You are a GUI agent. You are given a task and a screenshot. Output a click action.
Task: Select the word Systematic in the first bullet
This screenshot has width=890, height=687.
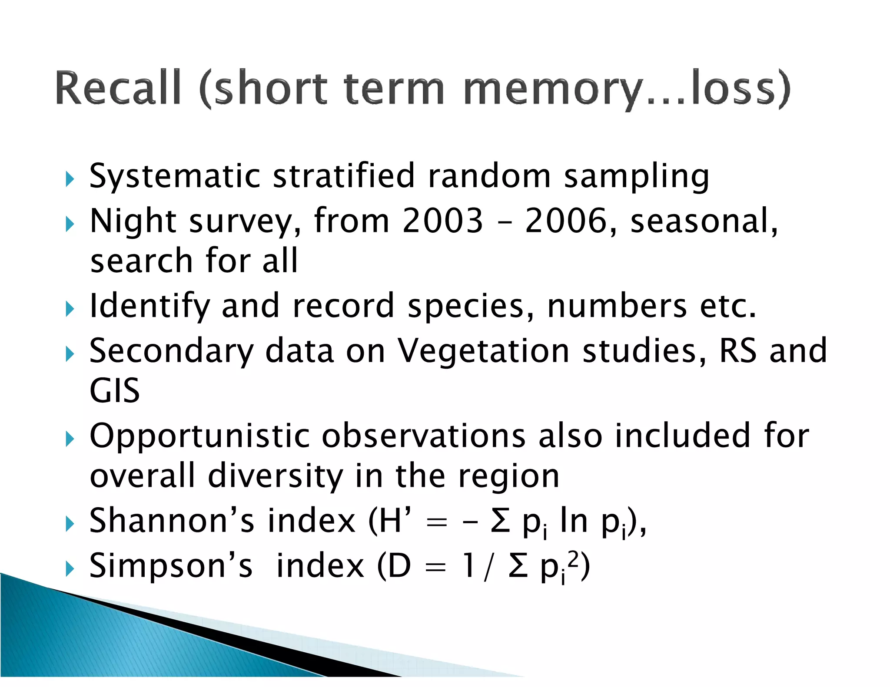[x=174, y=176]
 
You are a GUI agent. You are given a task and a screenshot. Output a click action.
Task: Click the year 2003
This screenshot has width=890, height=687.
[x=442, y=221]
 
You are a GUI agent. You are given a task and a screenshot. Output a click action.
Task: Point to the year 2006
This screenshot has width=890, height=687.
[x=565, y=221]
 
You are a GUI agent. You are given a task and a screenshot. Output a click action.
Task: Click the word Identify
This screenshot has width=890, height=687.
[x=149, y=307]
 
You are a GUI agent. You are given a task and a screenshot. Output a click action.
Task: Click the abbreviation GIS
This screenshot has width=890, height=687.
[x=114, y=390]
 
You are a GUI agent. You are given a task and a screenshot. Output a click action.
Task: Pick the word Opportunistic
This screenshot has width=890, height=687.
[x=199, y=436]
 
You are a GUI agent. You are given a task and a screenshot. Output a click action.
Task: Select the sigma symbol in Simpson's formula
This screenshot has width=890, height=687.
[x=518, y=566]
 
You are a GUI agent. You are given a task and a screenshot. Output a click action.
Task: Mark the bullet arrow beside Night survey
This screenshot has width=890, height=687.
[x=70, y=224]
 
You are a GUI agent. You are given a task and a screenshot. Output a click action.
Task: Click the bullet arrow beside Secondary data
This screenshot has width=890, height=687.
[x=70, y=354]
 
